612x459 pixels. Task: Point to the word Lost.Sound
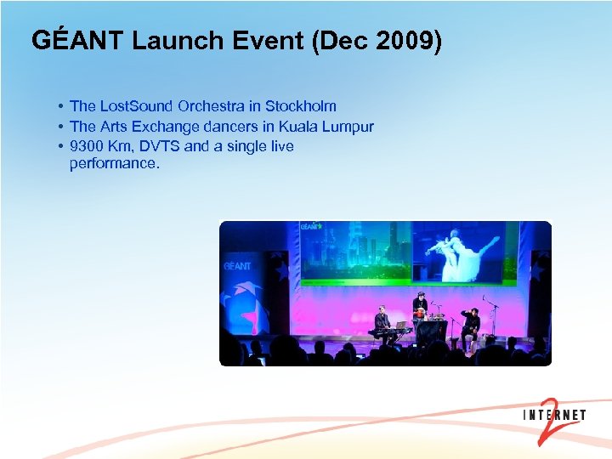pyautogui.click(x=137, y=106)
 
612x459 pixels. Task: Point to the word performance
pyautogui.click(x=114, y=163)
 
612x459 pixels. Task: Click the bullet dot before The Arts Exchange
pyautogui.click(x=62, y=127)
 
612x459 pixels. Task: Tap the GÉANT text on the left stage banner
pyautogui.click(x=237, y=266)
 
